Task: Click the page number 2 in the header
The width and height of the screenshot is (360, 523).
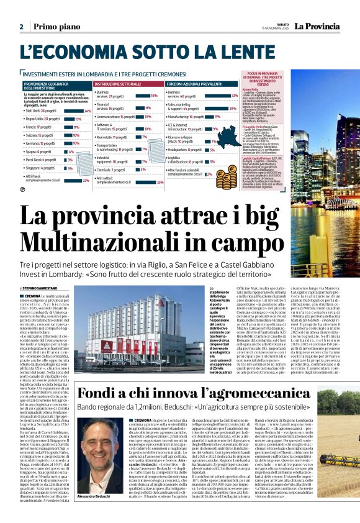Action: [21, 27]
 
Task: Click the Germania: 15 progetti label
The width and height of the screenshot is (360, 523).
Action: [40, 143]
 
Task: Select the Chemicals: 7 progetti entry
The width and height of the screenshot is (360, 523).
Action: [112, 169]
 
